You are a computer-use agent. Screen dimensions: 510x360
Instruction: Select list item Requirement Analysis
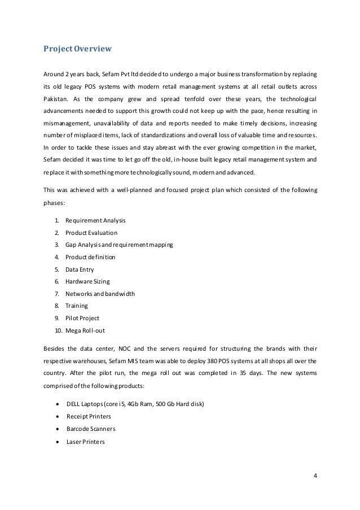pyautogui.click(x=95, y=220)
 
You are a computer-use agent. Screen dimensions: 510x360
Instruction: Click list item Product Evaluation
pyautogui.click(x=91, y=232)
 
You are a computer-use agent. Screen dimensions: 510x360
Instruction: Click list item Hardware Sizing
pyautogui.click(x=87, y=281)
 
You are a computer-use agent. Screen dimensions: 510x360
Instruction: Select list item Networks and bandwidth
pyautogui.click(x=100, y=294)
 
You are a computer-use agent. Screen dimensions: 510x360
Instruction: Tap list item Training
pyautogui.click(x=77, y=306)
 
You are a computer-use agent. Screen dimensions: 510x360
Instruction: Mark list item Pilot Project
pyautogui.click(x=82, y=318)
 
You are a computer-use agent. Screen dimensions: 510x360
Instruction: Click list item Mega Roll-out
pyautogui.click(x=85, y=330)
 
